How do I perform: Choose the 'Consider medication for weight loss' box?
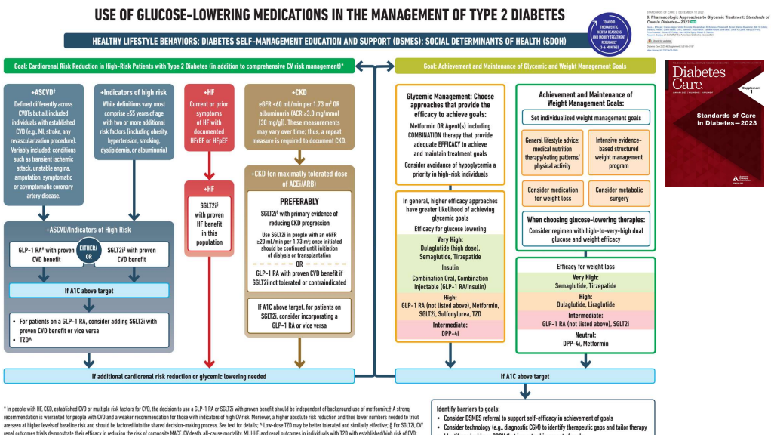tap(553, 194)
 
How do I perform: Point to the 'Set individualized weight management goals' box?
tap(587, 118)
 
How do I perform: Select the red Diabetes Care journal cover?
tap(714, 124)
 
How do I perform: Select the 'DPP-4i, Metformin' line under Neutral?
tap(587, 343)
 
